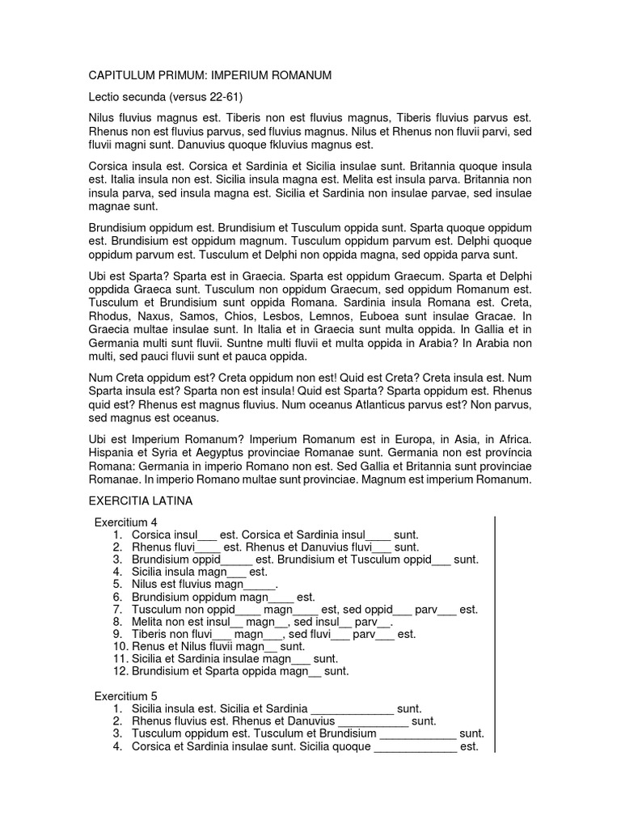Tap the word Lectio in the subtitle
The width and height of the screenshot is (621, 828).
tap(105, 97)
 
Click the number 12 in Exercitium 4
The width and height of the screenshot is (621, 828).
tap(119, 670)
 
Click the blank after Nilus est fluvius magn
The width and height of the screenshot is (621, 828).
tap(260, 584)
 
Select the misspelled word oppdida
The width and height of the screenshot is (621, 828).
tap(112, 289)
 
